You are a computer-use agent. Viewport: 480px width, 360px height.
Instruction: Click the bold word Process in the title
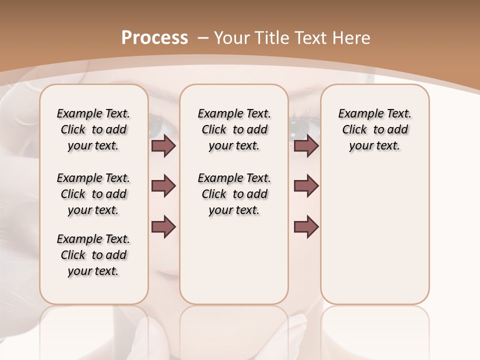(x=154, y=37)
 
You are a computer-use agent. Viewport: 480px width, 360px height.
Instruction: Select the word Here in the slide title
(x=351, y=37)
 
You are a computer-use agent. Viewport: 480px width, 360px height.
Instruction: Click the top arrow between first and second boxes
(x=164, y=146)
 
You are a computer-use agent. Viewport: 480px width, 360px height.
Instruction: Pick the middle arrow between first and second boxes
(x=164, y=186)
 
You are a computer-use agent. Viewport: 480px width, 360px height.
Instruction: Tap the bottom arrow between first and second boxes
(x=164, y=226)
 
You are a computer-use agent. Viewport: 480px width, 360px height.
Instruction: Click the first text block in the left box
(x=93, y=129)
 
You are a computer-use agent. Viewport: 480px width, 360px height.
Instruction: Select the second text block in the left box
(x=93, y=194)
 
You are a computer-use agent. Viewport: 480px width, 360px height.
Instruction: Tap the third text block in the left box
(x=93, y=255)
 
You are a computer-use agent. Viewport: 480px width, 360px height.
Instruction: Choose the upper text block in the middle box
(x=234, y=129)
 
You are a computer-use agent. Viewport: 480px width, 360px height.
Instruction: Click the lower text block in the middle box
(x=234, y=194)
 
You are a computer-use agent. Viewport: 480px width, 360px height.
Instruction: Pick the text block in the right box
(x=375, y=129)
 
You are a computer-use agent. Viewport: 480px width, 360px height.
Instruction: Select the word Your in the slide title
(x=231, y=37)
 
